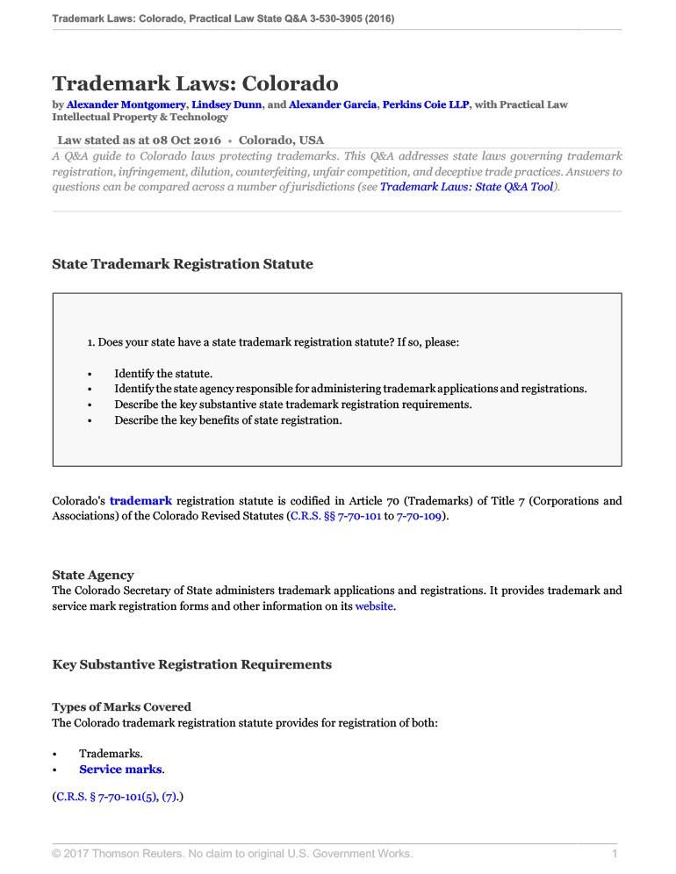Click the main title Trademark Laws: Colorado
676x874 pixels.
coord(195,84)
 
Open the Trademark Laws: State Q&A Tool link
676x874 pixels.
coord(466,187)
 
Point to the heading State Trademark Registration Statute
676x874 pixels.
coord(182,263)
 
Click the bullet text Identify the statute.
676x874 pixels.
coord(163,373)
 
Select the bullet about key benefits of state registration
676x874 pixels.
coord(228,420)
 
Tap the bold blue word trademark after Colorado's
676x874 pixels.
coord(140,501)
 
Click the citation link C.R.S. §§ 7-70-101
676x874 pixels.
coord(334,517)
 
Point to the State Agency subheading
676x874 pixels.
coord(93,576)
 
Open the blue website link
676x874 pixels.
coord(374,606)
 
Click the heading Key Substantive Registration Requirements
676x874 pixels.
coord(192,664)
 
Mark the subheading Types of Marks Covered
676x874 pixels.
coord(121,706)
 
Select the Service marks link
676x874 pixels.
coord(120,770)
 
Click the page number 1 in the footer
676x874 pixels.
coord(615,854)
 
